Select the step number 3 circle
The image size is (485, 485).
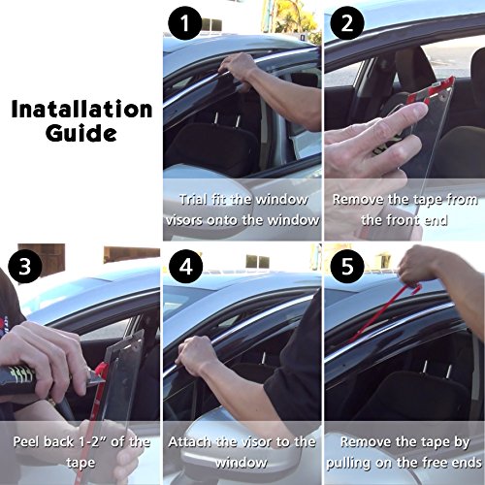[x=20, y=262]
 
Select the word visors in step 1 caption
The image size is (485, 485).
[x=199, y=220]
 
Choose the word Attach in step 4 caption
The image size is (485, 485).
[x=194, y=441]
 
